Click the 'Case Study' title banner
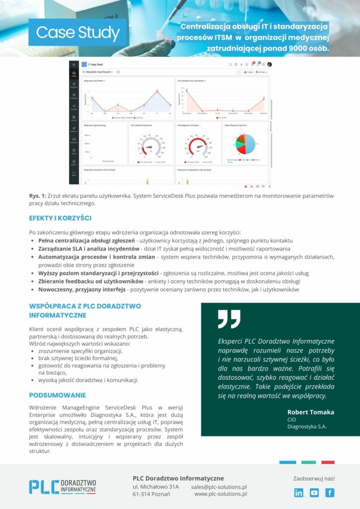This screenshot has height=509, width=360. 78,33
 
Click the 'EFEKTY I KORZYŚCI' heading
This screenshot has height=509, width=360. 60,218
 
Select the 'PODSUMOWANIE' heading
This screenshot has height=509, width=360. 57,395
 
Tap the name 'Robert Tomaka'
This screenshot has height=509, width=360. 311,412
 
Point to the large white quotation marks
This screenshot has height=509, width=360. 229,319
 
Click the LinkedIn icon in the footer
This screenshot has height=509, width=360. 299,493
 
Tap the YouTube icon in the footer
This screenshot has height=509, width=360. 314,493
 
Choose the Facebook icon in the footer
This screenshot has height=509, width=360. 330,493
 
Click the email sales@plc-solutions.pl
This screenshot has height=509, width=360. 219,487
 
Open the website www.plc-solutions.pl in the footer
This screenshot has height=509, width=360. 220,494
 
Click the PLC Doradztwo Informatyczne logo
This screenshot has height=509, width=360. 63,487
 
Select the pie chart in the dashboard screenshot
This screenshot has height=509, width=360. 245,144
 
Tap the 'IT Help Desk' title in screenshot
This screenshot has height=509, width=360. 95,65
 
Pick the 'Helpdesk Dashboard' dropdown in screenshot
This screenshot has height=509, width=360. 98,72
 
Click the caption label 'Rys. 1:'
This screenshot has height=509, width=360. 38,195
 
